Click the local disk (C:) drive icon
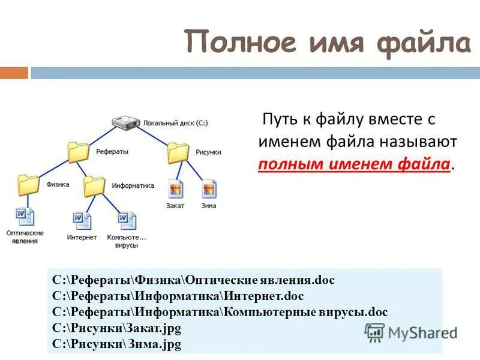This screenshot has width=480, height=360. point(127,123)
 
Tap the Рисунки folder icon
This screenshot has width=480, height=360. point(178,152)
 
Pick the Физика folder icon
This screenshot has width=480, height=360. point(28,185)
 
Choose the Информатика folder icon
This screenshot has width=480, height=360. point(94,187)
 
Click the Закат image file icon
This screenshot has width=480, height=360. point(175,189)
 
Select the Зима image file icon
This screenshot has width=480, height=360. point(209,189)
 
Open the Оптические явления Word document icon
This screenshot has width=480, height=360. point(25,217)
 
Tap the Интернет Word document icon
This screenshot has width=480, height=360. point(82,221)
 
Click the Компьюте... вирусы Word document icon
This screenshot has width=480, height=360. point(127,221)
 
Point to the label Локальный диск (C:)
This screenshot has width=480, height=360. point(175,123)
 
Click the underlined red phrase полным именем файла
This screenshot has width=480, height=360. point(355,164)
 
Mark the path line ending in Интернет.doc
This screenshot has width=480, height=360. point(178,296)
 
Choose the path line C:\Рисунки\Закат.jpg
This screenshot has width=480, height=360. point(116,328)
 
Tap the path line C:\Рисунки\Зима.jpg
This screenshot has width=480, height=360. point(116,344)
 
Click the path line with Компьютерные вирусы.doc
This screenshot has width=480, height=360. point(220,312)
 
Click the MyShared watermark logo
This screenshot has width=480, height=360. point(411,332)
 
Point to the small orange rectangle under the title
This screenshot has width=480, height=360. point(14,73)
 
